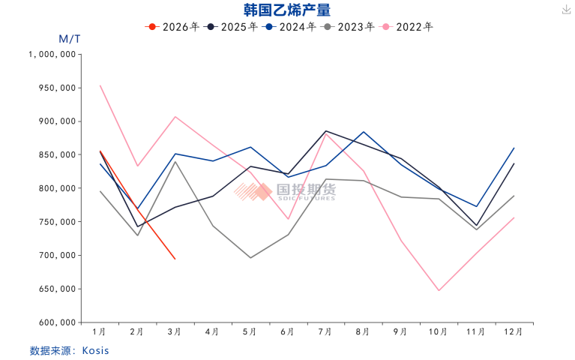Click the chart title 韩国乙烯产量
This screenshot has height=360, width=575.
tap(287, 10)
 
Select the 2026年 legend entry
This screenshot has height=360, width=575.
tap(172, 27)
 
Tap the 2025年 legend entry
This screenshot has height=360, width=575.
tap(231, 27)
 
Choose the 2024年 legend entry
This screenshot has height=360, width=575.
tap(289, 27)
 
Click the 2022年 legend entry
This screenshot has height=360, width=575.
tap(406, 27)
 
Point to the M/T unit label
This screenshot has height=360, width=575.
tap(69, 39)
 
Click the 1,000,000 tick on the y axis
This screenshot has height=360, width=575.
tap(52, 54)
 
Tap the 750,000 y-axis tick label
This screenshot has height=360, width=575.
tap(57, 222)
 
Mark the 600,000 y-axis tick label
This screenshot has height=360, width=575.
tap(57, 322)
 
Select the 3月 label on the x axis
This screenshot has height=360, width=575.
tap(174, 331)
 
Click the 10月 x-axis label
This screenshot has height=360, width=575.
tap(438, 331)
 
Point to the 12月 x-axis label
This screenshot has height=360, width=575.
tap(513, 331)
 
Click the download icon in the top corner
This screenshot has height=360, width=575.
tap(567, 10)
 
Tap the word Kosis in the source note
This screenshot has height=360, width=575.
tap(95, 350)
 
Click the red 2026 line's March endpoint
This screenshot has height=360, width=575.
tap(175, 259)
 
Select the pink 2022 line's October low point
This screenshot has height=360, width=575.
tap(439, 291)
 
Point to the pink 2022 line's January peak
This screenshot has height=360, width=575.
tap(100, 85)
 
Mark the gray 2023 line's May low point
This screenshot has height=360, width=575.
tap(250, 257)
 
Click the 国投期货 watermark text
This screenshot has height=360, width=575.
tap(306, 189)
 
